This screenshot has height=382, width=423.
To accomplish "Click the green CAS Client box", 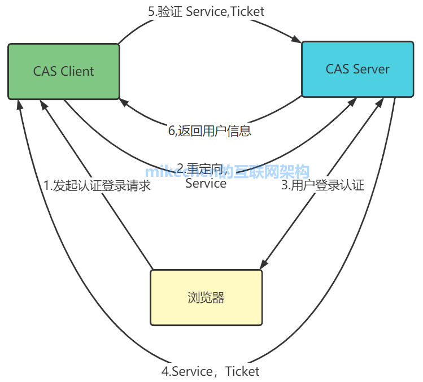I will click(64, 71).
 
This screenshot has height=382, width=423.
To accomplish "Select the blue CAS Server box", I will click(357, 69).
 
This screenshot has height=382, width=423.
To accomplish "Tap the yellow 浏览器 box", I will click(206, 297).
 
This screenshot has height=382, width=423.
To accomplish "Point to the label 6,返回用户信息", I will click(210, 131).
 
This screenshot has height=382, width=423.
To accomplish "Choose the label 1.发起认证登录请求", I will click(97, 185).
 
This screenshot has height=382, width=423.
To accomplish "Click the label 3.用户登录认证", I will click(323, 185).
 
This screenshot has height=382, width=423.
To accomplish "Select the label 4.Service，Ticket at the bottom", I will click(211, 371).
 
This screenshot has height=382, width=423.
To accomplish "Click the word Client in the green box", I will click(76, 71).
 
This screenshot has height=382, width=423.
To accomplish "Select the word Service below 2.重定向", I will click(206, 183).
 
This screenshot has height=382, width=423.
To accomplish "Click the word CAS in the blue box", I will click(338, 69).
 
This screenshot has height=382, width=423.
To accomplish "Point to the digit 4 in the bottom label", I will click(165, 371).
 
